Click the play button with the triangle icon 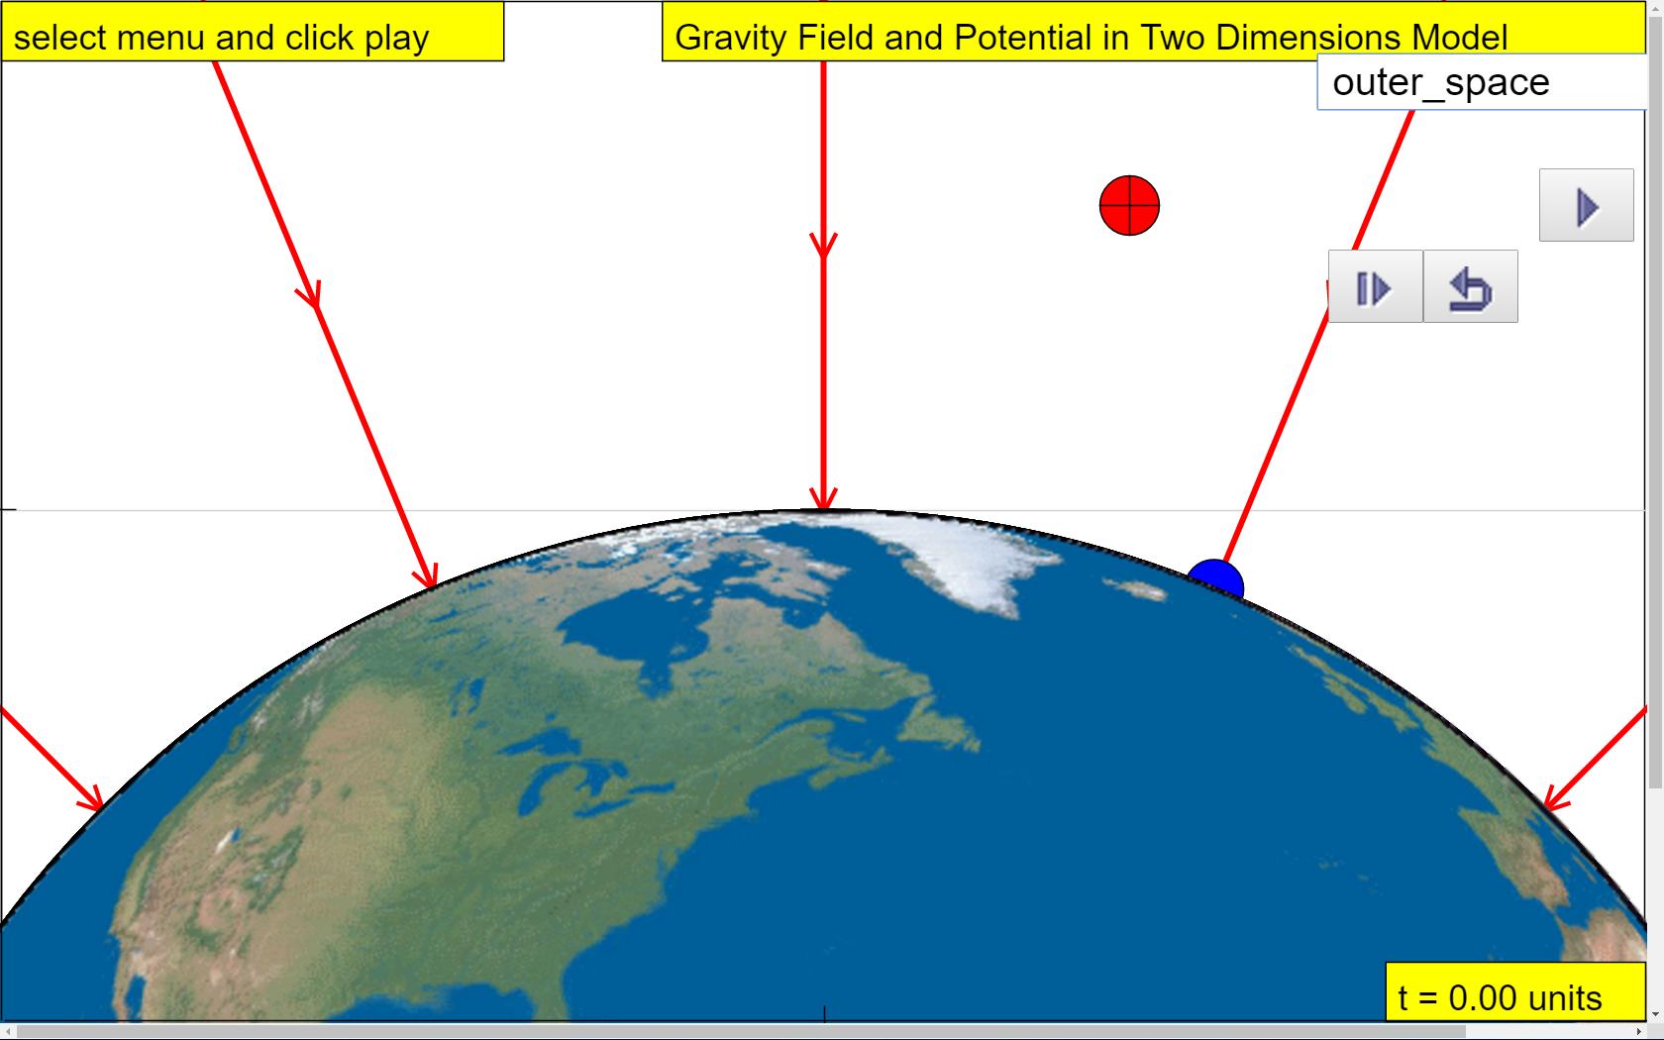1586,205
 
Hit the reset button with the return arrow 1470,287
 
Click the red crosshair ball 1129,205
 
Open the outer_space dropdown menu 1482,81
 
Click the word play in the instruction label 396,39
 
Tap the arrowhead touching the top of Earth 823,499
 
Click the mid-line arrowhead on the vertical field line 823,246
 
